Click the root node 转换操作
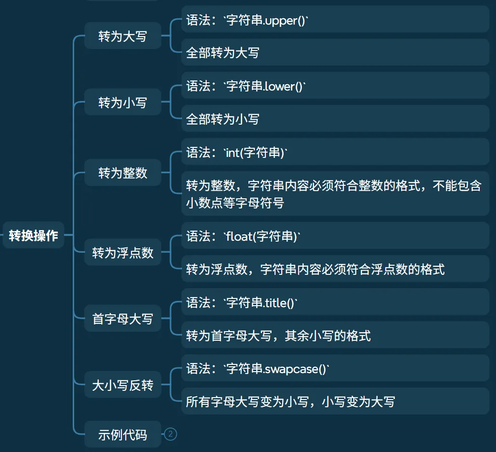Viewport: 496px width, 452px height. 33,235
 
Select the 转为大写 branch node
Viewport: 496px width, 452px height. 122,36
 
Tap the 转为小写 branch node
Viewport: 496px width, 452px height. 122,103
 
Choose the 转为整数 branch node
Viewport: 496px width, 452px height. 122,173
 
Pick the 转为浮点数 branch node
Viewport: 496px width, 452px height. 122,252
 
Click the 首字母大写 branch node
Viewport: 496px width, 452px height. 122,319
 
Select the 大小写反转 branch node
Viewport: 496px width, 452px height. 122,385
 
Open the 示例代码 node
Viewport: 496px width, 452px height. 122,435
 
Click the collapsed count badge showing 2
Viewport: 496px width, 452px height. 170,435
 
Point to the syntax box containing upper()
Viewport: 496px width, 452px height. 335,20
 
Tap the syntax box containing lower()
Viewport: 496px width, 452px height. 335,86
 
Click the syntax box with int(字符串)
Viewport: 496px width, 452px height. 335,153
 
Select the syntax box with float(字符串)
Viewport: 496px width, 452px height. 335,236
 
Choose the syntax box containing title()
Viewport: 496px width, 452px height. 335,303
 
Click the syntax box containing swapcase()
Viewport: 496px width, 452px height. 335,369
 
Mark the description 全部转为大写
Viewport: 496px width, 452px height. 335,52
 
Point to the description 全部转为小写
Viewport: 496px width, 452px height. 335,119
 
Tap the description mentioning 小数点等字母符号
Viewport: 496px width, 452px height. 335,194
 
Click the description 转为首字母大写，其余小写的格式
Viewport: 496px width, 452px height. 335,336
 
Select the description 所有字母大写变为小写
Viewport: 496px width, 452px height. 335,401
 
